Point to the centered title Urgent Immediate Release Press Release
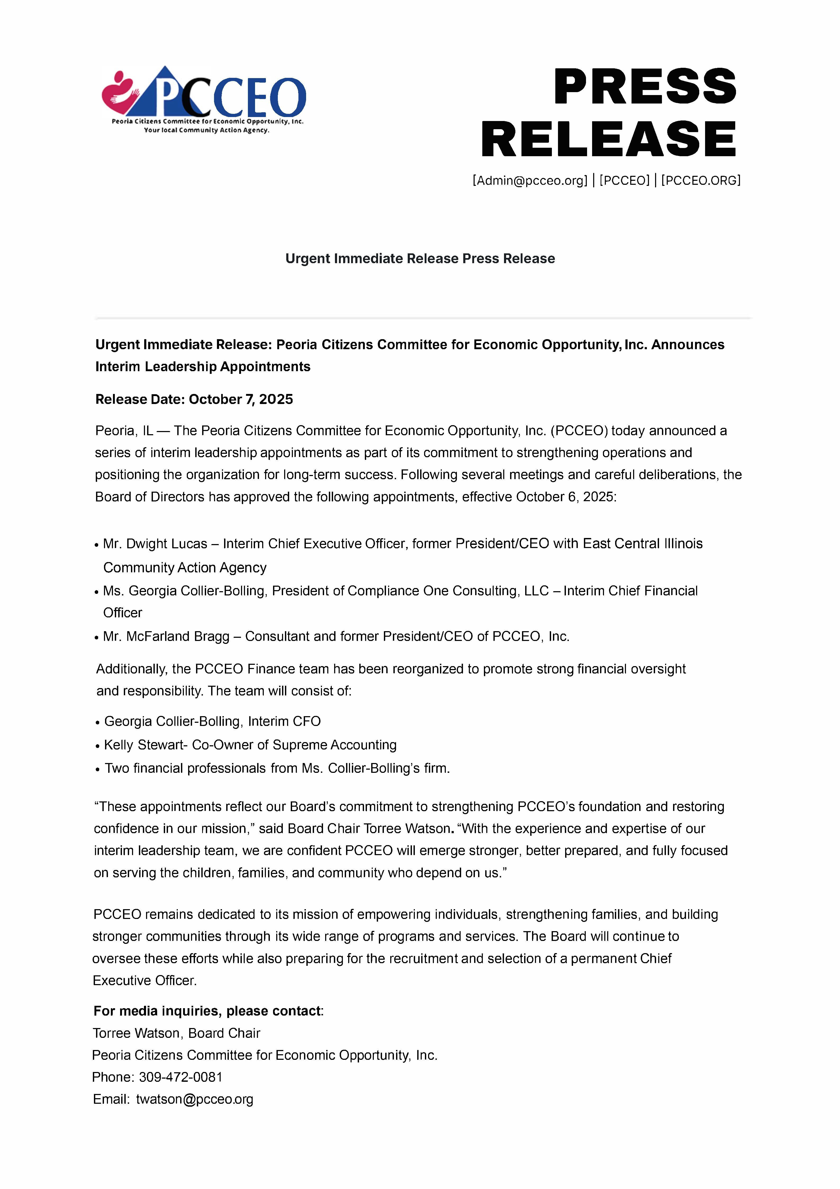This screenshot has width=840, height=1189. [x=420, y=258]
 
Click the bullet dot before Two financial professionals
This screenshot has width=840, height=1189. [x=97, y=769]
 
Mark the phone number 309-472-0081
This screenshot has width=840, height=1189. [x=181, y=1077]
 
